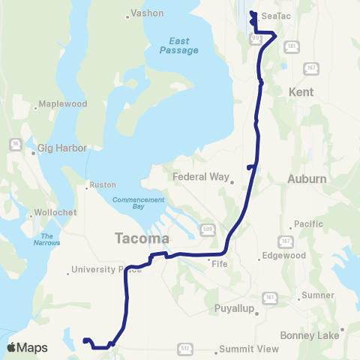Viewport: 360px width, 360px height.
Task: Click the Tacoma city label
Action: tap(142, 238)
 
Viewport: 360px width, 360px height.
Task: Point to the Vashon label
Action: tap(147, 13)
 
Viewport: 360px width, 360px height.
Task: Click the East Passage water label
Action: tap(178, 45)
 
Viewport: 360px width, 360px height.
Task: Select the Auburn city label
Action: tap(307, 179)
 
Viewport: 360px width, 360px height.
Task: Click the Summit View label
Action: tap(248, 349)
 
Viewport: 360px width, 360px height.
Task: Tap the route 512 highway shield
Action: tap(184, 349)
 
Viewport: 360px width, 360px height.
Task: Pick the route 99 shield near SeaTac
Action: tap(255, 37)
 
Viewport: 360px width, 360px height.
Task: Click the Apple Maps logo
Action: tap(27, 347)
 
